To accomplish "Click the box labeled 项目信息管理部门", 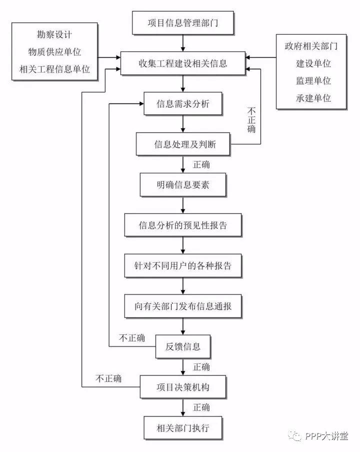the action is (x=183, y=23).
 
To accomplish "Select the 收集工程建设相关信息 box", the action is (x=183, y=64).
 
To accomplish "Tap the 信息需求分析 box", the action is (x=183, y=104).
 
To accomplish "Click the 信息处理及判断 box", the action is (x=183, y=144).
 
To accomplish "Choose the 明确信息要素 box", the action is (x=183, y=185).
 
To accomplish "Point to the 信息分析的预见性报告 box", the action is (x=183, y=225).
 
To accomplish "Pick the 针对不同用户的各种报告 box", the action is (x=183, y=265).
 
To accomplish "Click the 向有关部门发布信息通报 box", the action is (x=183, y=306).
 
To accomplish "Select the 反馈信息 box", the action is (x=183, y=346).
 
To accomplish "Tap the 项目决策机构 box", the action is (x=183, y=387).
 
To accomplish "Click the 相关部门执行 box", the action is (x=183, y=428).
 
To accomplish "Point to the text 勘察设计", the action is (x=54, y=35).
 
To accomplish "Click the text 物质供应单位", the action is (x=54, y=52).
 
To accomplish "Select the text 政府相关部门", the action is (x=311, y=46).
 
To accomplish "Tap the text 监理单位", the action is (x=313, y=81).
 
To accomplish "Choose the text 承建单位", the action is (x=313, y=98).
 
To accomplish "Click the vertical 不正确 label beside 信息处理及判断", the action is (x=251, y=120).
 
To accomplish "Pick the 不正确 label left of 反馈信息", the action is (x=132, y=338).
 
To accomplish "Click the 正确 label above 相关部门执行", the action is (x=201, y=407).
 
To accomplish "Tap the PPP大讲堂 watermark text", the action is (x=326, y=436).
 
